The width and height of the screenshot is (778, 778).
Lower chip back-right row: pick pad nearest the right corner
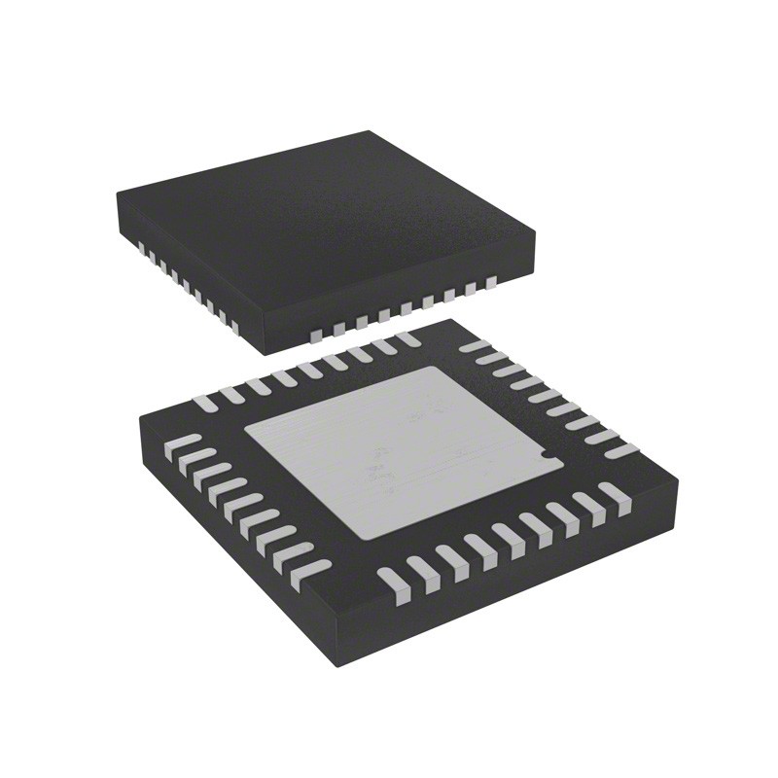click(622, 449)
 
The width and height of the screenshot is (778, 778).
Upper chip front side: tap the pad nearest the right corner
click(491, 284)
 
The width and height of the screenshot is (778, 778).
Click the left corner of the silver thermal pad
click(243, 428)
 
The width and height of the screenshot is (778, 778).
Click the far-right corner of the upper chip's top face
click(536, 230)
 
